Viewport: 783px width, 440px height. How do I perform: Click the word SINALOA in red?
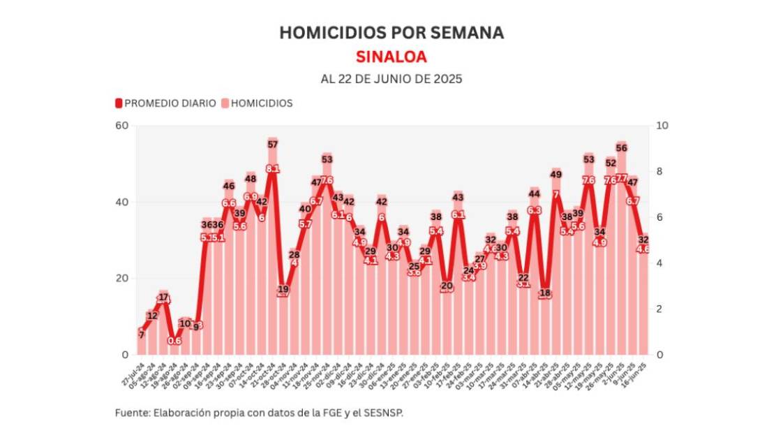(x=391, y=56)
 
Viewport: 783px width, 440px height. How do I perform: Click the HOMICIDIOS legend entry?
(x=262, y=103)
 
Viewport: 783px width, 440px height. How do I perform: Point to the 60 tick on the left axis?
(x=123, y=126)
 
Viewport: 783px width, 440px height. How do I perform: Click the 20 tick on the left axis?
(x=123, y=279)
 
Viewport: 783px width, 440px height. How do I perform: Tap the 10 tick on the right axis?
(x=662, y=126)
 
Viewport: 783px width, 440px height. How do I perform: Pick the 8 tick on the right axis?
(x=659, y=172)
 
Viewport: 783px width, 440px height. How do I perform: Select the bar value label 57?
(x=273, y=145)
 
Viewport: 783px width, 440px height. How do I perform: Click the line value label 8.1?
(x=273, y=169)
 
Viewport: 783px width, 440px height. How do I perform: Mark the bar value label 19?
(x=283, y=288)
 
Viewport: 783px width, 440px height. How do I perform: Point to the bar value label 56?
(x=621, y=148)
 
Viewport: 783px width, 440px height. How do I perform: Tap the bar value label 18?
(x=545, y=293)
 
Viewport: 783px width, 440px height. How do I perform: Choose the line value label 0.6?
(x=174, y=341)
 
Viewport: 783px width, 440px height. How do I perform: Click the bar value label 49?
(x=556, y=175)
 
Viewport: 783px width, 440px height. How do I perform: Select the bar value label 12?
(x=153, y=316)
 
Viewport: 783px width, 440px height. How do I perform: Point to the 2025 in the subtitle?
(x=447, y=79)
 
